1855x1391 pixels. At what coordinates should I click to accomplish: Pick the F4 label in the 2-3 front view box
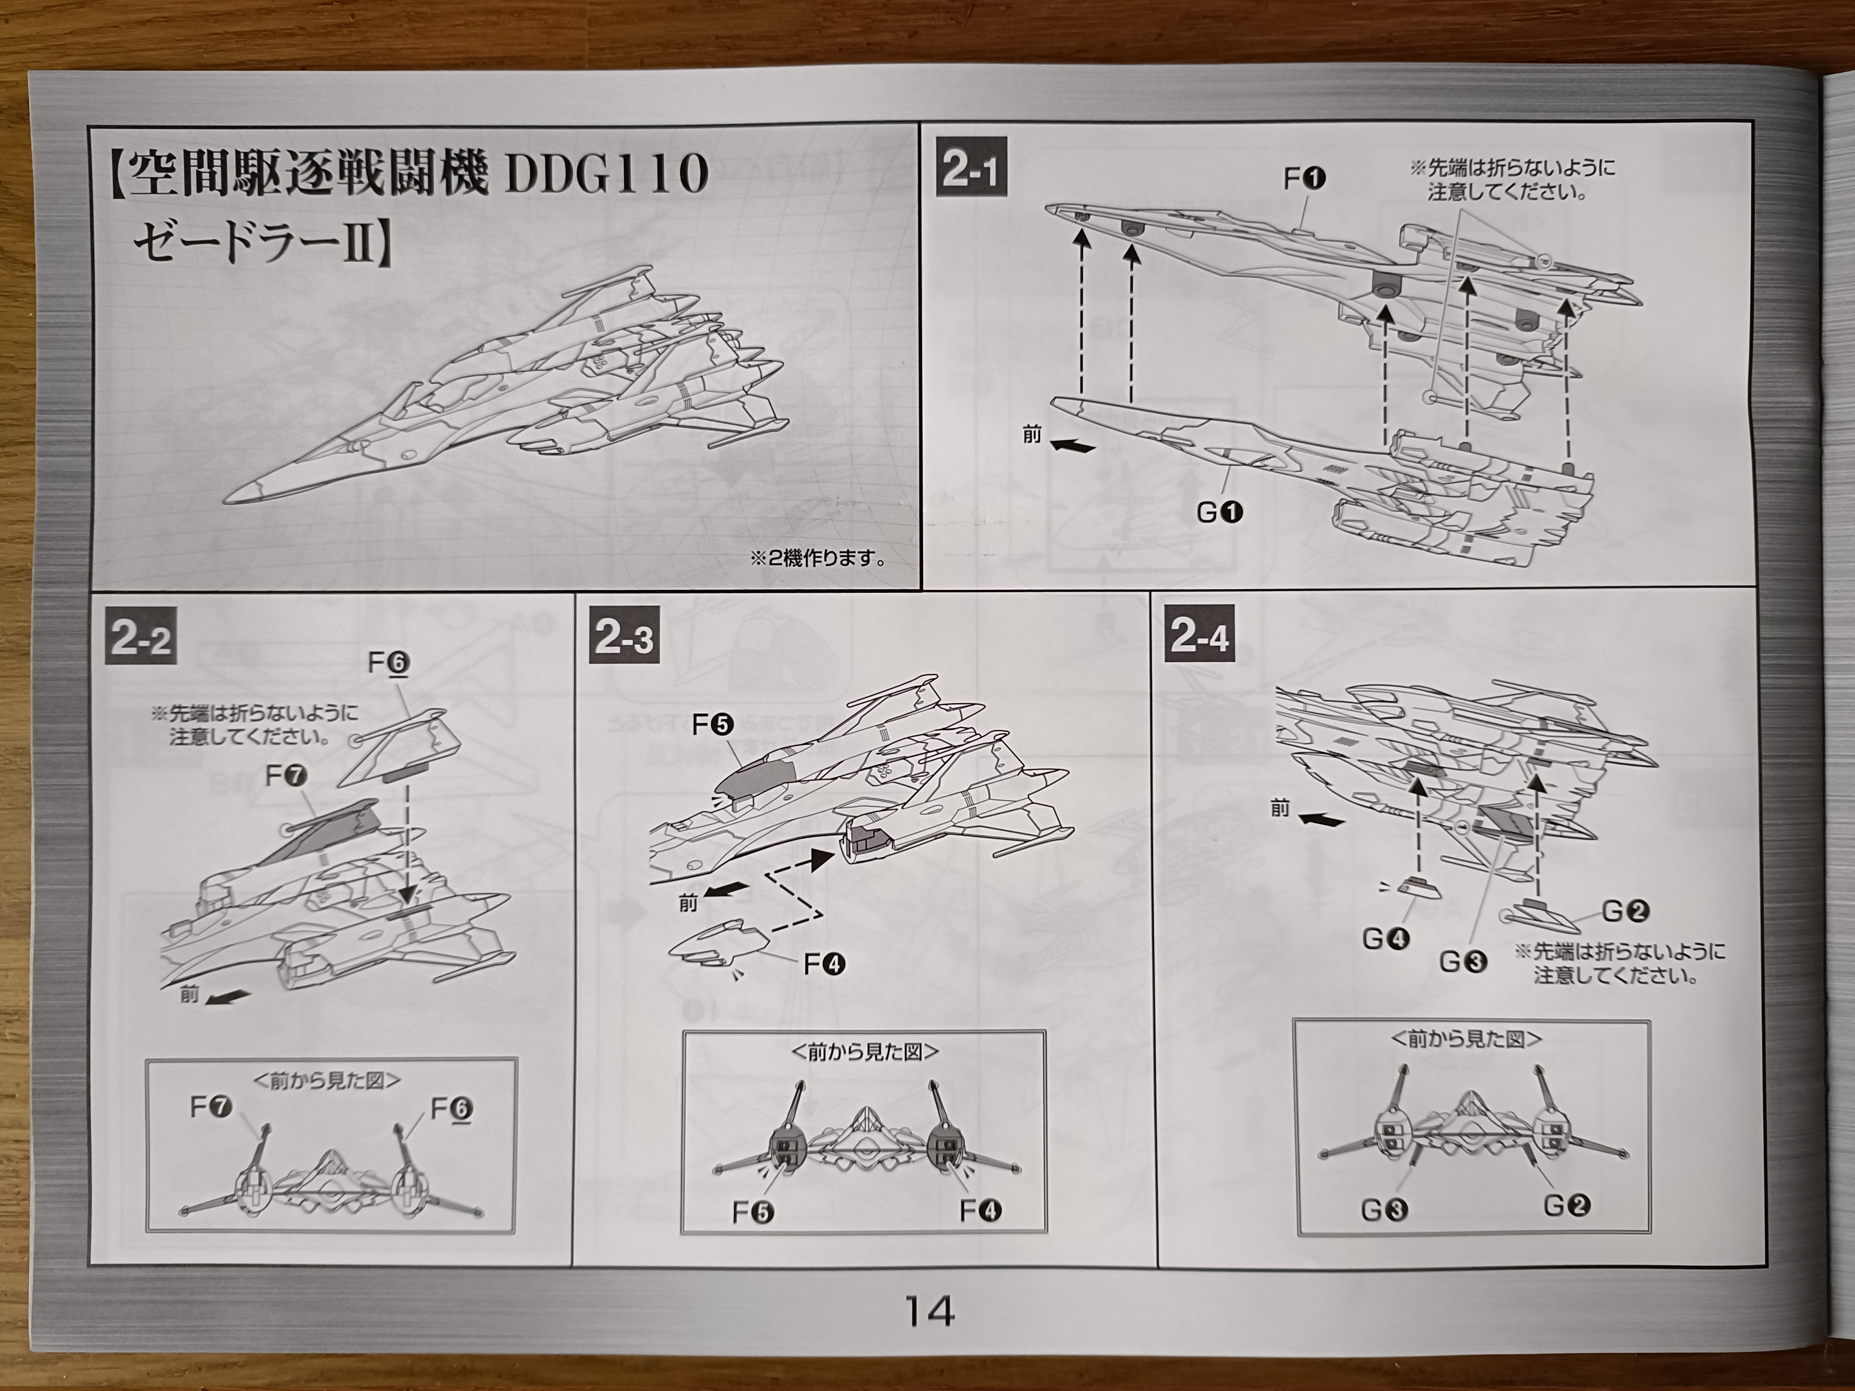pos(980,1211)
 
